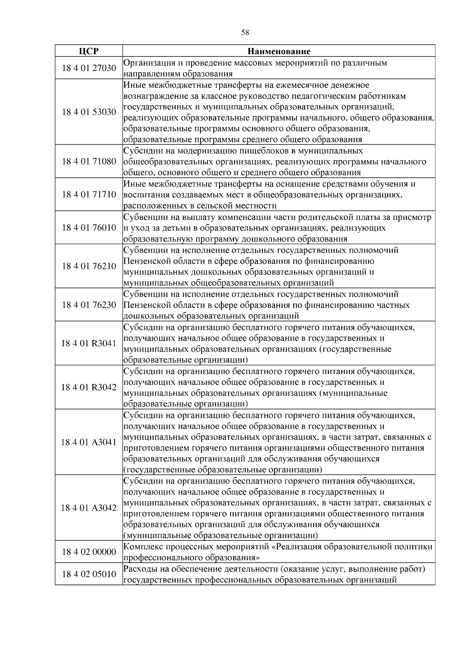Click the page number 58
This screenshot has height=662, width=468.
click(245, 33)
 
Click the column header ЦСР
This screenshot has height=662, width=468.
click(89, 51)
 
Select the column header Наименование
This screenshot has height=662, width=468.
click(279, 51)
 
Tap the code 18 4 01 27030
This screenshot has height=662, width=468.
click(89, 68)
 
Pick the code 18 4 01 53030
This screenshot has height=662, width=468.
click(89, 112)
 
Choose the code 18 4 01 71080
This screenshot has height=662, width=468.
click(89, 161)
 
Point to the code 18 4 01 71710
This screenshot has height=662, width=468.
click(89, 195)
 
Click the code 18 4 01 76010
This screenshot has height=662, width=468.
click(89, 228)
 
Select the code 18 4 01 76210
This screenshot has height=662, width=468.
click(89, 266)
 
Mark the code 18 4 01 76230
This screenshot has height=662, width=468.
click(89, 305)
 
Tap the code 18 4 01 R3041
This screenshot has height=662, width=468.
click(89, 343)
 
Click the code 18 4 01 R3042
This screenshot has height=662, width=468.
click(89, 388)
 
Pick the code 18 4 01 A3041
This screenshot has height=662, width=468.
click(89, 443)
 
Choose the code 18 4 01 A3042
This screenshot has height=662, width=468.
click(89, 508)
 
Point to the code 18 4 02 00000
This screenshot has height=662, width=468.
click(89, 552)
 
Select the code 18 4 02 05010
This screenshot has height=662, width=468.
click(89, 574)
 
